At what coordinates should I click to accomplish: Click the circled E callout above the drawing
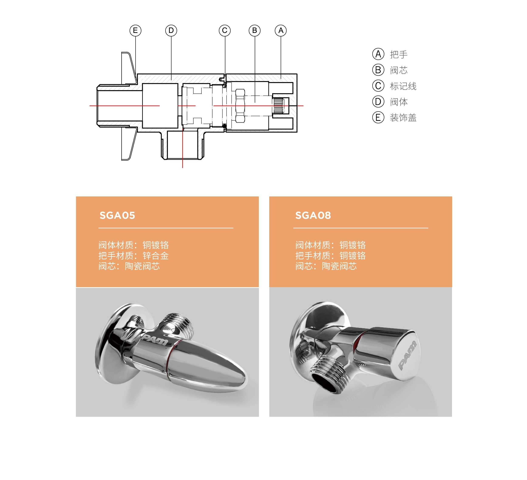(135, 31)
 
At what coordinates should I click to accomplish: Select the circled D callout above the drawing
(171, 31)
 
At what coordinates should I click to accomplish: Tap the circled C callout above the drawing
(225, 31)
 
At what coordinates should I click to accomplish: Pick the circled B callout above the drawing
(255, 31)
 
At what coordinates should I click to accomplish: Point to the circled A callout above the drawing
(281, 31)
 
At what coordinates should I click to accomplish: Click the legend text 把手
(399, 55)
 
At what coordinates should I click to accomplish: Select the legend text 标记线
(403, 86)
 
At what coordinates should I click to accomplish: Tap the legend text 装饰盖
(403, 118)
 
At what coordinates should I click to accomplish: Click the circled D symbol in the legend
(378, 102)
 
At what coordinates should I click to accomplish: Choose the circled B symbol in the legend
(378, 70)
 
